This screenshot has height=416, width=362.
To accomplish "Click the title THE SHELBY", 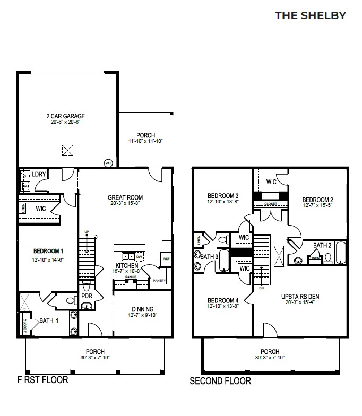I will pos(310,15).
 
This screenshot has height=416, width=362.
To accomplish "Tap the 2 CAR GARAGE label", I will pos(65,116).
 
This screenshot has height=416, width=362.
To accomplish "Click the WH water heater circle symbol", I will pos(108,163).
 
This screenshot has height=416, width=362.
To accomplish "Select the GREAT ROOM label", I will pos(126,197).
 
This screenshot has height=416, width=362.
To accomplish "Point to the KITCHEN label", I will pos(127,265).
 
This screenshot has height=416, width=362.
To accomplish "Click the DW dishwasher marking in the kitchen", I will pos(139,256).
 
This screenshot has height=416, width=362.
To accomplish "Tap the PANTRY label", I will pos(159,281).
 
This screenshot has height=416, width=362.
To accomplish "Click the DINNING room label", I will pos(143,309).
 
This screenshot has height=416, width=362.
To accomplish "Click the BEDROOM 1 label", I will pos(48,251).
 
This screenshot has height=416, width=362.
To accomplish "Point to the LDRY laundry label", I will pos(38,174).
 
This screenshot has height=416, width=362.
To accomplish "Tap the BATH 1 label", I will pos(49,320).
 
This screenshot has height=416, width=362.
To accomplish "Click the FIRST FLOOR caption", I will pos(42,380).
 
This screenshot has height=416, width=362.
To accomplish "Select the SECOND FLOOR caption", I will pos(220,380).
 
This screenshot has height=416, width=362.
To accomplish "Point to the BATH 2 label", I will pos(322,245).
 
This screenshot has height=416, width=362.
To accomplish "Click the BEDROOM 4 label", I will pos(222,300).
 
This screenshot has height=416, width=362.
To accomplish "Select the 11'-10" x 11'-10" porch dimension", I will pos(145,142).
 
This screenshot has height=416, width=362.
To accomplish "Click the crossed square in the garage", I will pos(67,150).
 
